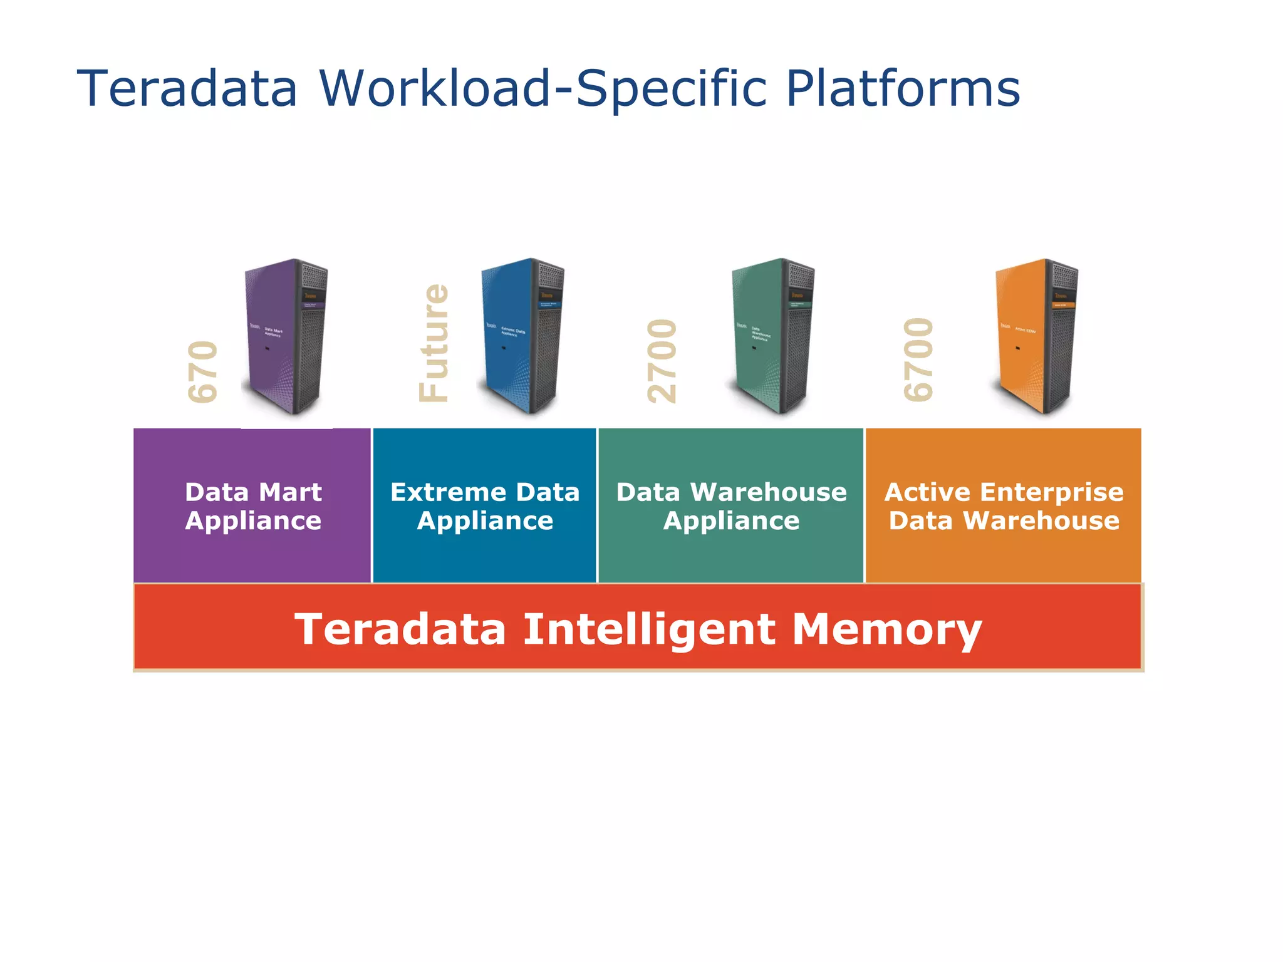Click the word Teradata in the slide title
tap(187, 88)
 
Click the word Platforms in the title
tap(903, 88)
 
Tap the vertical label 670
tap(203, 371)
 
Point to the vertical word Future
tap(434, 343)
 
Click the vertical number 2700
tap(662, 361)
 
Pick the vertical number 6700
tap(918, 359)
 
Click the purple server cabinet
tap(286, 336)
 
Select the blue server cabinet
tap(523, 336)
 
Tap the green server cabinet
tap(773, 336)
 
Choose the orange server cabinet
tap(1037, 336)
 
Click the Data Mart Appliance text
tap(253, 506)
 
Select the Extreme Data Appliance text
tap(485, 506)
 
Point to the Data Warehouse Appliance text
tap(731, 506)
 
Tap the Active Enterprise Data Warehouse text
tap(1004, 506)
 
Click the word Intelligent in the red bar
tap(649, 629)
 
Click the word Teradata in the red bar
tap(400, 629)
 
